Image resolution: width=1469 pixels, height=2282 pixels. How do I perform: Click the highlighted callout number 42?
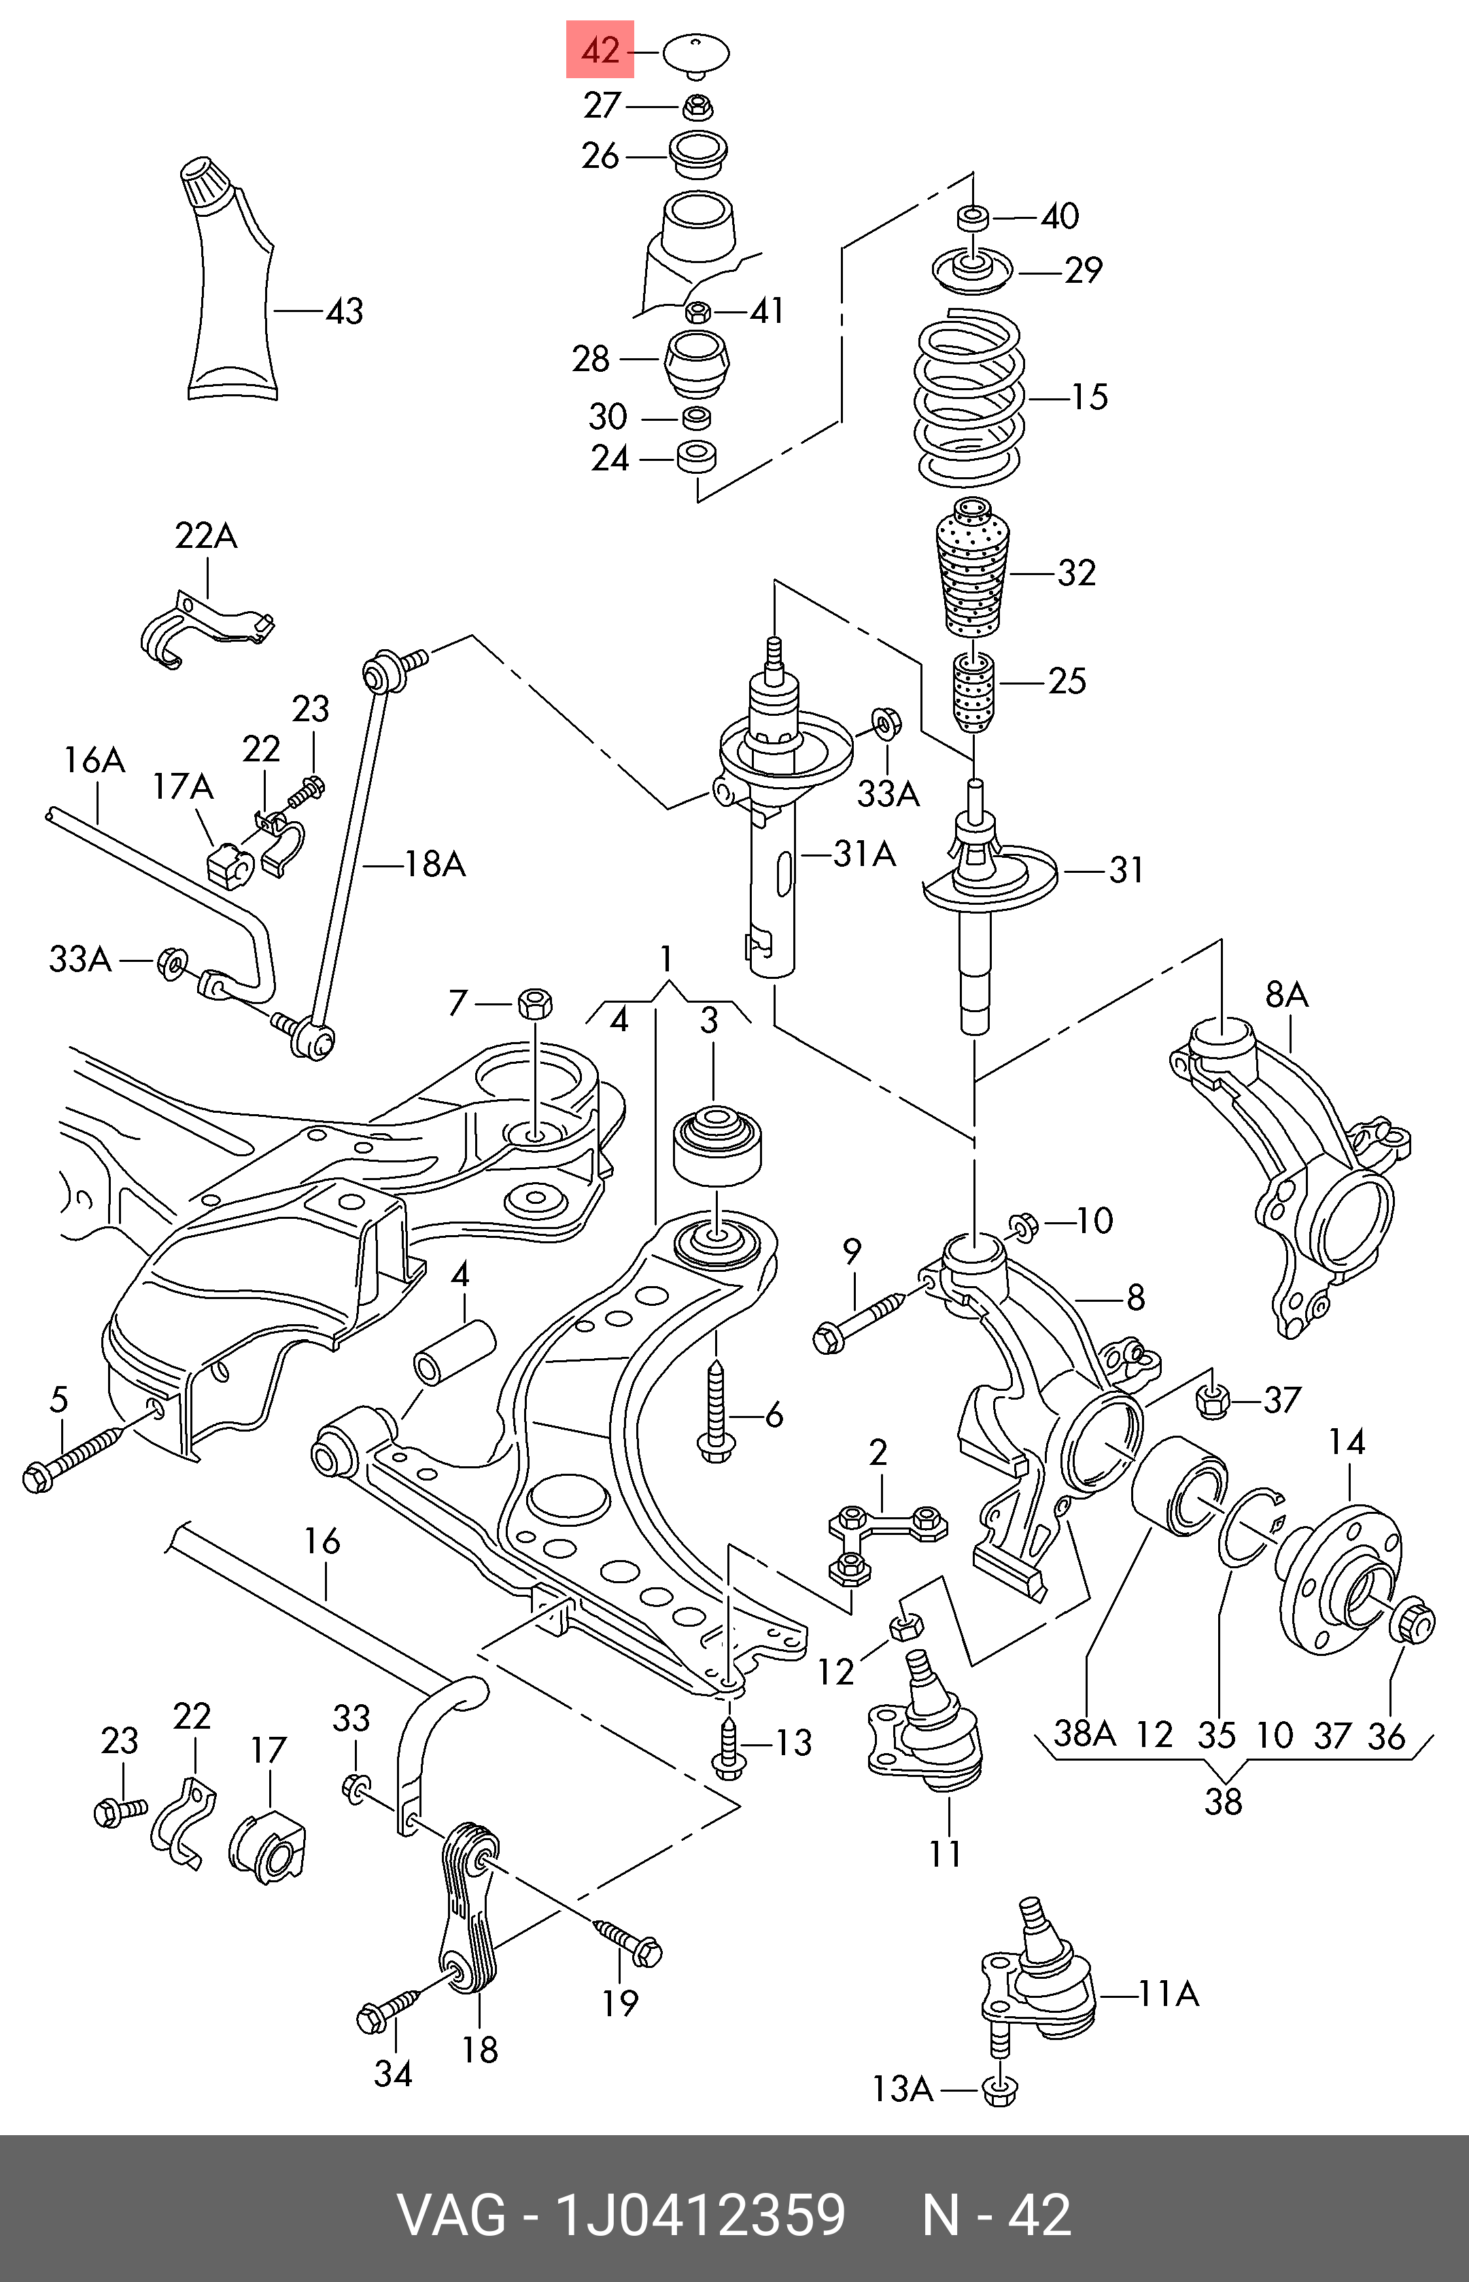pos(600,50)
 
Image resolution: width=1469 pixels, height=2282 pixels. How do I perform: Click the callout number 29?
pos(1084,271)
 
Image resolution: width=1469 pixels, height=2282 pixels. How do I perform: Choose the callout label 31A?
pos(864,854)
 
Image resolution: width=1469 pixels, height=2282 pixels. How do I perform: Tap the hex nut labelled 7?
pos(535,1003)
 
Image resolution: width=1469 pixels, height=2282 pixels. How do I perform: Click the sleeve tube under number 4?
pos(454,1351)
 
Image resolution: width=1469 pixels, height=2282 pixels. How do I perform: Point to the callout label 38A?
pos(1084,1733)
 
